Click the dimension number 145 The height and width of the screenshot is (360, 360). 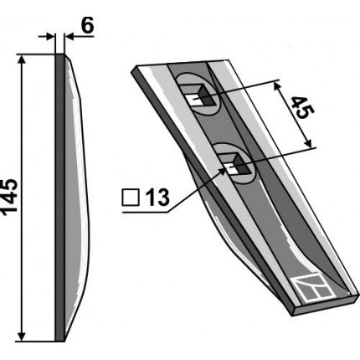[11, 197]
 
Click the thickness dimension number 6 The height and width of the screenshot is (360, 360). [87, 25]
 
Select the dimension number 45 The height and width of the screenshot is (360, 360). [302, 107]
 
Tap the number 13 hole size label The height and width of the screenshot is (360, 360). [157, 198]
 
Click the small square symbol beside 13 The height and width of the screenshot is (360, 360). [131, 198]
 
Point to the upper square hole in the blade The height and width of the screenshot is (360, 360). [198, 96]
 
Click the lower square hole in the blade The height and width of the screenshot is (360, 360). [234, 165]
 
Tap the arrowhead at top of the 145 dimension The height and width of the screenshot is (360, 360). [22, 59]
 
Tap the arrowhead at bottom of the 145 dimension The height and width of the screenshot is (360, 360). [22, 337]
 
